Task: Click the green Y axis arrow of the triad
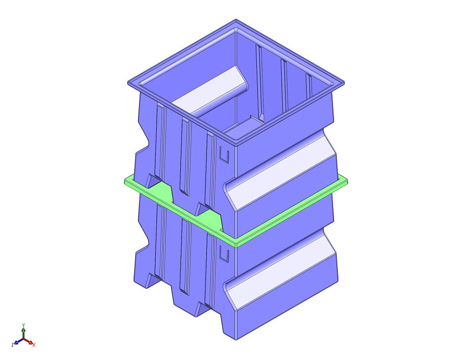[24, 329]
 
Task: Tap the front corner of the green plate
[236, 243]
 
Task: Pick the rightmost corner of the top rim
[345, 82]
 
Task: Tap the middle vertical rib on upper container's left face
[185, 158]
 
